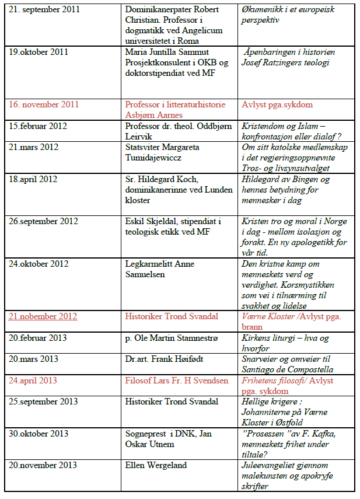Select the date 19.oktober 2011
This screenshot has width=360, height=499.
pyautogui.click(x=39, y=53)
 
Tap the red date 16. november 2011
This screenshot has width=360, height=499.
pyautogui.click(x=44, y=105)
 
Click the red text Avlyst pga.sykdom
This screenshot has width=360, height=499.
pyautogui.click(x=277, y=105)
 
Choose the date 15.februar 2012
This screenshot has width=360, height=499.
pyautogui.click(x=39, y=126)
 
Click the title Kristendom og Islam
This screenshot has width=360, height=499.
pyautogui.click(x=279, y=126)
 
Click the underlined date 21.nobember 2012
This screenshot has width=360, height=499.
pyautogui.click(x=43, y=316)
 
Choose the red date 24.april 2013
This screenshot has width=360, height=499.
pyautogui.click(x=33, y=381)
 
